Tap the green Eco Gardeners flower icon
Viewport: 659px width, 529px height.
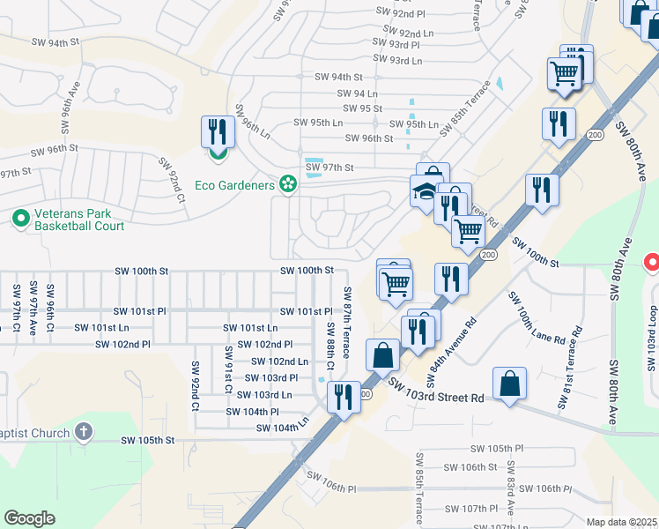(286, 183)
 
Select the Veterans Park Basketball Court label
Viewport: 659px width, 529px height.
(78, 220)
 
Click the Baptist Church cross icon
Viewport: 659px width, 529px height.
(83, 431)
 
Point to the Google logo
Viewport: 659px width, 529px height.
(29, 518)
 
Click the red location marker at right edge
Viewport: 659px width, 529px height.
(652, 262)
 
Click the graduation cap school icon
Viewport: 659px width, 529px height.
(424, 191)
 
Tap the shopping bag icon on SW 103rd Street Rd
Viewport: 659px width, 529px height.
(510, 384)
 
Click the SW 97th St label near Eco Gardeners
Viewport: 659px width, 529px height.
(329, 168)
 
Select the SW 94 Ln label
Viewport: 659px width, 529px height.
(357, 93)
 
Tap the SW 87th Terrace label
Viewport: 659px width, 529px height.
(347, 322)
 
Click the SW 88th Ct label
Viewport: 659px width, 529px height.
(330, 339)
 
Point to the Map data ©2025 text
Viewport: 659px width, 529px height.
(622, 522)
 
